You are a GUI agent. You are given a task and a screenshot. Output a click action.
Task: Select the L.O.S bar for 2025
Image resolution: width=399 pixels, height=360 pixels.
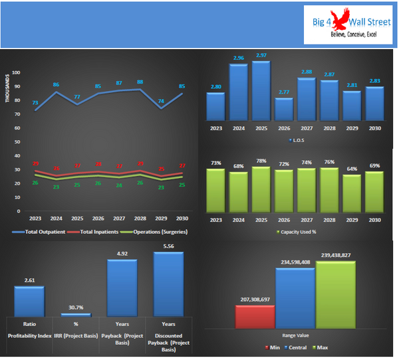[x=261, y=90]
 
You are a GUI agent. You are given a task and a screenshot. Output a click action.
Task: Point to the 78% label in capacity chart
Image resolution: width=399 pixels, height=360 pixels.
[x=261, y=161]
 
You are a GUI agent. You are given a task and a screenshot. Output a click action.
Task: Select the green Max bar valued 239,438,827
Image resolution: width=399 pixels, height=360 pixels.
[x=335, y=294]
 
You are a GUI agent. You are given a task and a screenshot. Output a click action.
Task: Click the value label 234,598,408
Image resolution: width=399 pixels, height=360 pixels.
[x=295, y=262]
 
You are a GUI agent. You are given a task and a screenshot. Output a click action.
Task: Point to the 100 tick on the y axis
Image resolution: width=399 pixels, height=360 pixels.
[x=16, y=72]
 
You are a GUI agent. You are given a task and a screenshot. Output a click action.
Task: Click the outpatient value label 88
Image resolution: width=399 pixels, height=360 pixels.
[x=140, y=82]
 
